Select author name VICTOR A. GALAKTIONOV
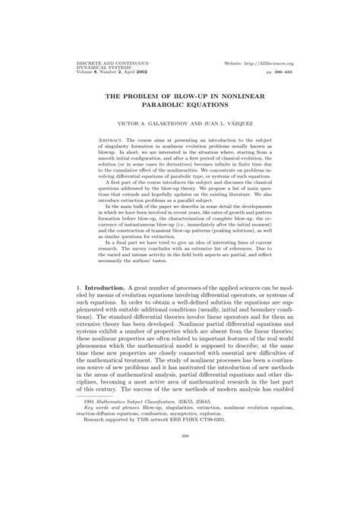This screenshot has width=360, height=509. (143, 122)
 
